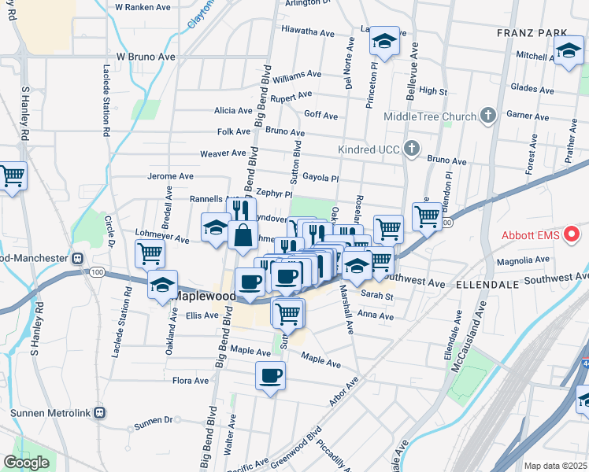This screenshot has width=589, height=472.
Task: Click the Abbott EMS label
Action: [x=532, y=234]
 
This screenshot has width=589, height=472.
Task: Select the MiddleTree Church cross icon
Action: [x=488, y=116]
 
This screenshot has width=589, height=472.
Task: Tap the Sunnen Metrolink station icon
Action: [x=99, y=412]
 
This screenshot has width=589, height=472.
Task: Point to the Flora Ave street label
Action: [x=191, y=381]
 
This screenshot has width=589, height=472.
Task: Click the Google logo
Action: [x=26, y=463]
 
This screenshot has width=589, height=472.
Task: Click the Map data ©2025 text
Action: [x=554, y=466]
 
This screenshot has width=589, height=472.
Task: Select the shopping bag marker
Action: [x=243, y=234]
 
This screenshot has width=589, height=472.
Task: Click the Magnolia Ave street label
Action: [x=521, y=260]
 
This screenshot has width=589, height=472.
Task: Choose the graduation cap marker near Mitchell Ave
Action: [x=567, y=53]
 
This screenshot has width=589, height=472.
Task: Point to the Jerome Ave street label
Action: [x=170, y=176]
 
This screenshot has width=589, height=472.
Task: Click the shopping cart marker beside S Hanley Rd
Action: [x=12, y=177]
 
